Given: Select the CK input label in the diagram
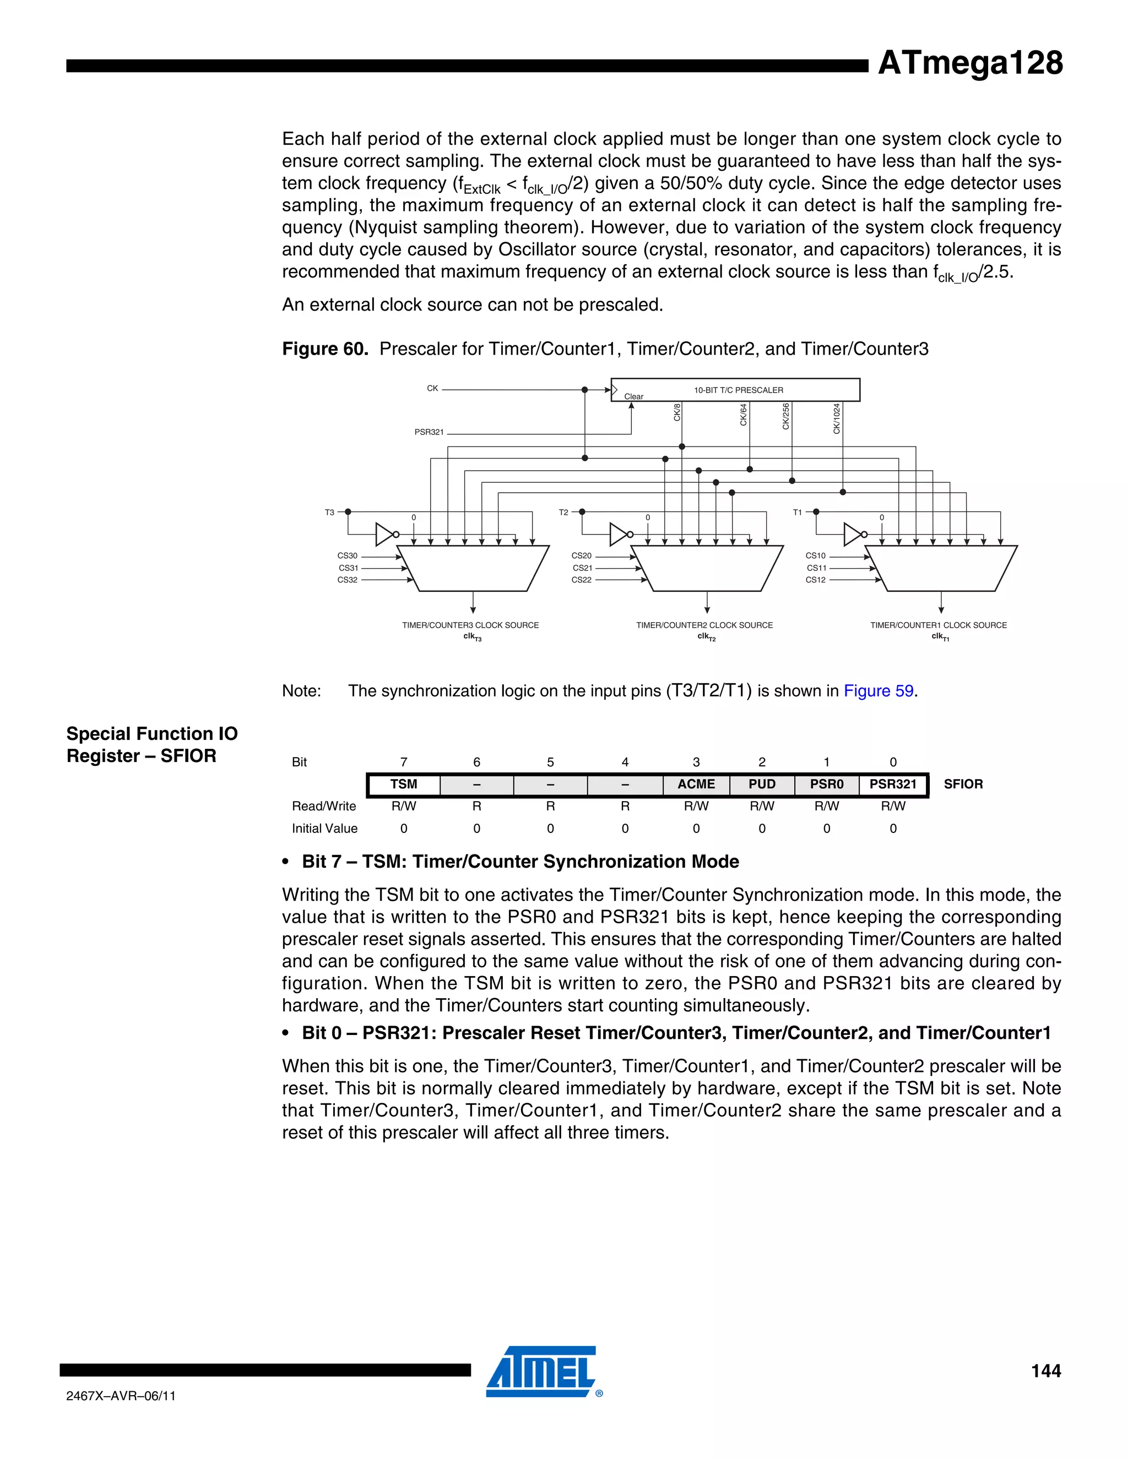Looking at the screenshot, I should (x=432, y=388).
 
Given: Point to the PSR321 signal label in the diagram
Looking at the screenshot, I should (x=429, y=432).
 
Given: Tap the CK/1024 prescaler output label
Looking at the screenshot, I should (x=837, y=419).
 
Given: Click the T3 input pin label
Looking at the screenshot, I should (x=329, y=513).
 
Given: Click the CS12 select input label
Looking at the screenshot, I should (x=815, y=580).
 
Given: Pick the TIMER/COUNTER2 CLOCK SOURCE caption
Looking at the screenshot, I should (x=704, y=625).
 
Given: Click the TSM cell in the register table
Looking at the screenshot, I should (x=404, y=784).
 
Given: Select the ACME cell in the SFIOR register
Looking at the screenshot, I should (x=696, y=784).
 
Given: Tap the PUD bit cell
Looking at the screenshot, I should (x=762, y=784).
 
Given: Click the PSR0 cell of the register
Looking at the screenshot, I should (x=827, y=784).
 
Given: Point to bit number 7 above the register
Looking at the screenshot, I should (x=404, y=762).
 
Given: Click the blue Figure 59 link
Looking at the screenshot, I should (x=878, y=691).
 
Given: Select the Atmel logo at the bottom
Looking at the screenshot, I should (x=541, y=1372).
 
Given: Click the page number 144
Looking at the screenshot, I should (x=1045, y=1371).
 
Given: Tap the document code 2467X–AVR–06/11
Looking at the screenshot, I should (x=121, y=1396).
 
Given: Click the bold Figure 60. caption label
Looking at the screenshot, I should (x=325, y=349).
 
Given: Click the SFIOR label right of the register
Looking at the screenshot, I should (x=963, y=784).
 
